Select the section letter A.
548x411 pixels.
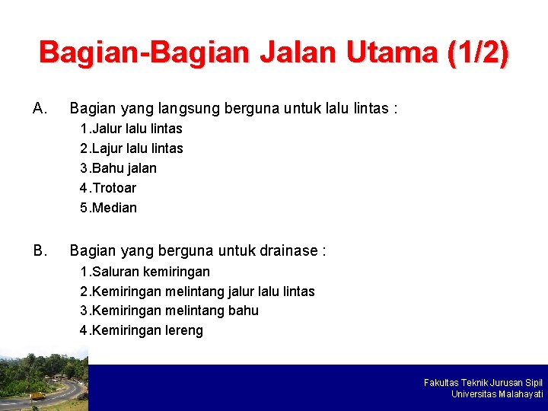(40, 108)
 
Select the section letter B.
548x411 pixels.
(40, 250)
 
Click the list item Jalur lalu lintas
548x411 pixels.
(131, 129)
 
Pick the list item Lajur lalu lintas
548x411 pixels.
(131, 148)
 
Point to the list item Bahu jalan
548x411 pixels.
(118, 168)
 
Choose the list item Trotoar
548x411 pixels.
(108, 188)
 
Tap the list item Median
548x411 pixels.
(108, 208)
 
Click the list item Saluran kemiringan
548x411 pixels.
(145, 272)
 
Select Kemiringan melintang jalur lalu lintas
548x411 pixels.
(197, 292)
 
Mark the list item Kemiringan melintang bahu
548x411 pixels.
(169, 311)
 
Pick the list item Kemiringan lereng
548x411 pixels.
(142, 330)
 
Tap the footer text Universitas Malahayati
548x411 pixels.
(497, 394)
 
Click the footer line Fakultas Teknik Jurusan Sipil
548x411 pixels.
(483, 382)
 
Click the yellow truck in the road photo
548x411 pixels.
(37, 395)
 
